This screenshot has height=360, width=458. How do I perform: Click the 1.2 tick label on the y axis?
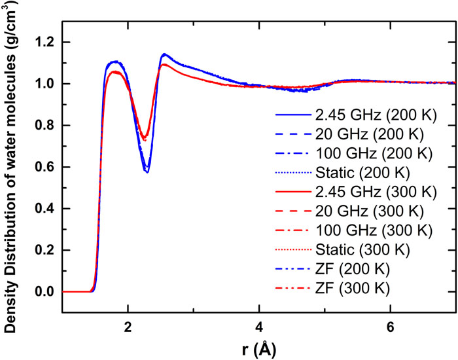click(44, 43)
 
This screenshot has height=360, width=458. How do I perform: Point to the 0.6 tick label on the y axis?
click(44, 167)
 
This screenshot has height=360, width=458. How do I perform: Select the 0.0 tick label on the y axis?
click(44, 292)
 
